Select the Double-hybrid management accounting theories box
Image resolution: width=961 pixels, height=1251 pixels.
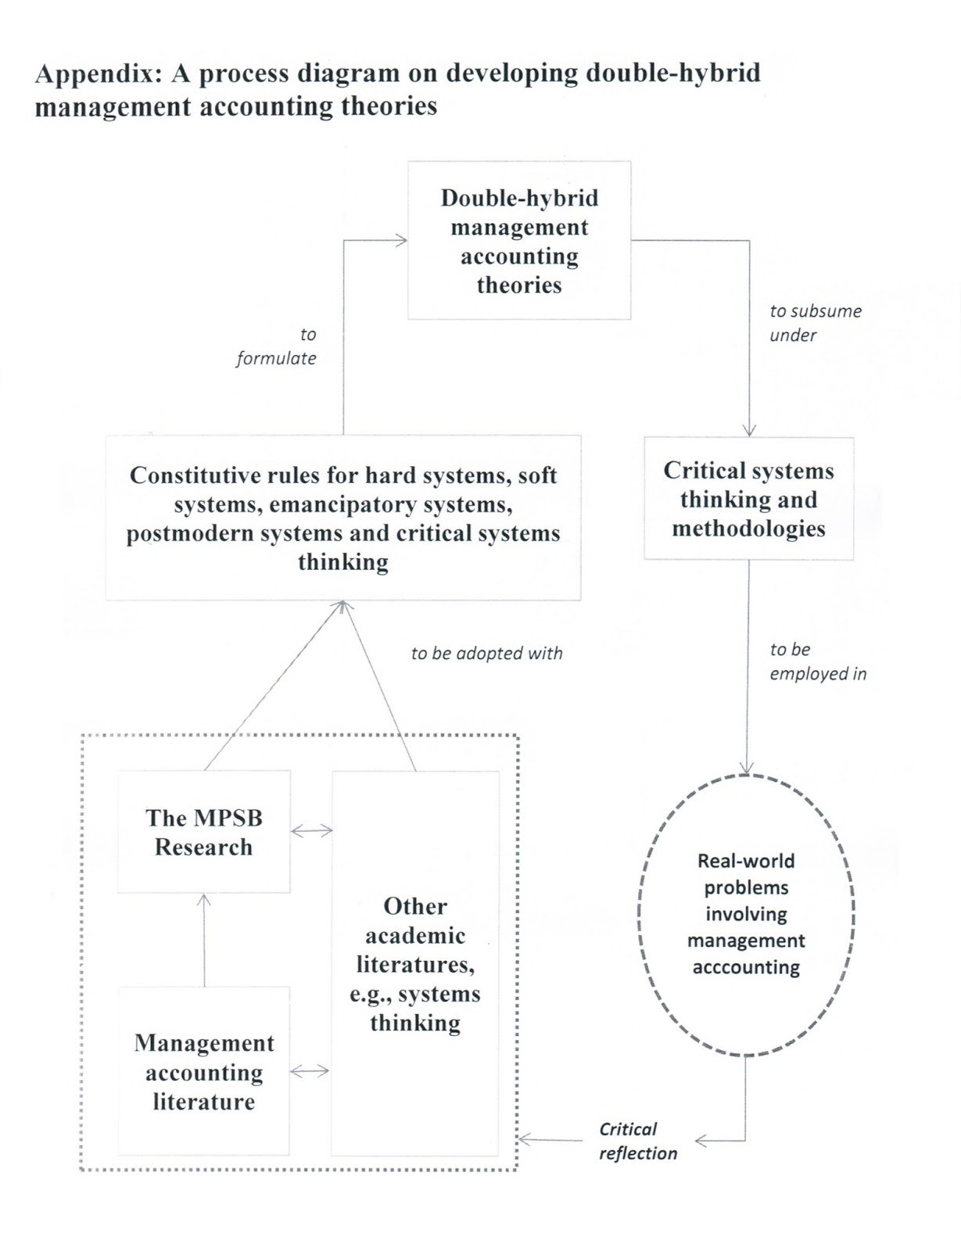pyautogui.click(x=519, y=241)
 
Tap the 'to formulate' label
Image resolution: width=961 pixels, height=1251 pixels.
pyautogui.click(x=277, y=346)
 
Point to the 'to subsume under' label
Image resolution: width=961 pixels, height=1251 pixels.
pyautogui.click(x=815, y=323)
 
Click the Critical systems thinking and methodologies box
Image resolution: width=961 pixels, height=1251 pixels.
pyautogui.click(x=748, y=499)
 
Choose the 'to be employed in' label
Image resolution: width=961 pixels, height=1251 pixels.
pyautogui.click(x=817, y=661)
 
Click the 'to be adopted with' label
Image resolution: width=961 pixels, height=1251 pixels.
pyautogui.click(x=486, y=654)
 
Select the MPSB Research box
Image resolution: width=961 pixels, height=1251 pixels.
pyautogui.click(x=203, y=832)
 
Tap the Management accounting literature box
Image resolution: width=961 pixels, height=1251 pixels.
pyautogui.click(x=203, y=1071)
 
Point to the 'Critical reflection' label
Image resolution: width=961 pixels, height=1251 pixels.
pyautogui.click(x=637, y=1141)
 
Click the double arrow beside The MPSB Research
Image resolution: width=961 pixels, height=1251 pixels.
pyautogui.click(x=311, y=831)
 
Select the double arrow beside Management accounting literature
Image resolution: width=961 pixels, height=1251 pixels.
pyautogui.click(x=310, y=1071)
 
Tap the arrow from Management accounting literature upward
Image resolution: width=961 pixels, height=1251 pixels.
pyautogui.click(x=204, y=938)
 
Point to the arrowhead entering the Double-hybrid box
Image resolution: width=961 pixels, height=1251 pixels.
pyautogui.click(x=400, y=240)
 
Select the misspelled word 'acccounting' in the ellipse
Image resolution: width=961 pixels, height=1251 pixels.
pyautogui.click(x=746, y=967)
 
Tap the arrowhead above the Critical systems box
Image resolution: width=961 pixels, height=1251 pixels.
pyautogui.click(x=749, y=430)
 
